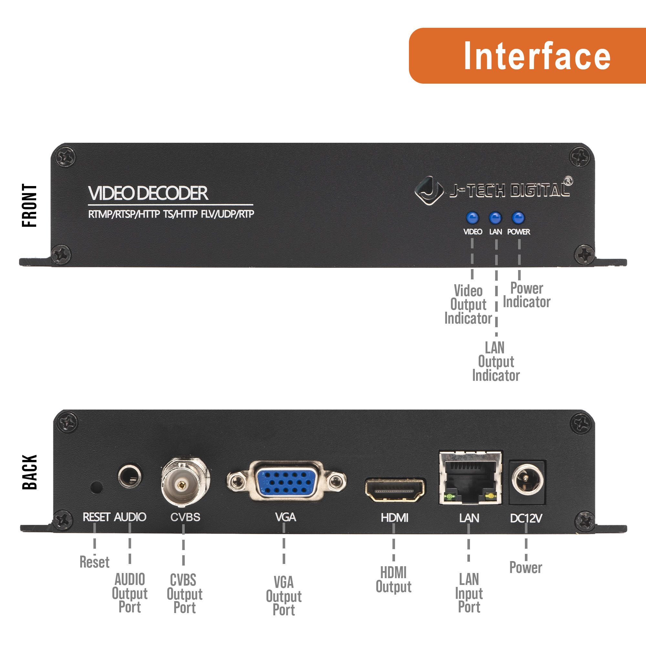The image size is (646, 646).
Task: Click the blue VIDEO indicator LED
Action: coord(472,218)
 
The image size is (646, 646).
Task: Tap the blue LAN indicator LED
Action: coord(495,218)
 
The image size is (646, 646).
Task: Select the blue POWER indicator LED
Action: coord(518,218)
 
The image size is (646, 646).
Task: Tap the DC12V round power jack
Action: coord(527,481)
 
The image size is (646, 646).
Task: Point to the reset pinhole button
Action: coord(97,487)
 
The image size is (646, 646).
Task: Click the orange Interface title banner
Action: coord(527,56)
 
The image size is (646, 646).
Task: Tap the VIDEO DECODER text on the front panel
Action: coord(148,193)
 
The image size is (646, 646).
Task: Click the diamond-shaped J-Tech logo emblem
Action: coord(429,191)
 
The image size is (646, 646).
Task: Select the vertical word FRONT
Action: coord(30,205)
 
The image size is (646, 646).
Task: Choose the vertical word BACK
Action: coord(30,472)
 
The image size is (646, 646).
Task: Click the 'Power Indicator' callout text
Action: coord(526,295)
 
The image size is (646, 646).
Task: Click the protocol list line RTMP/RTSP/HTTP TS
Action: coord(171,214)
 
